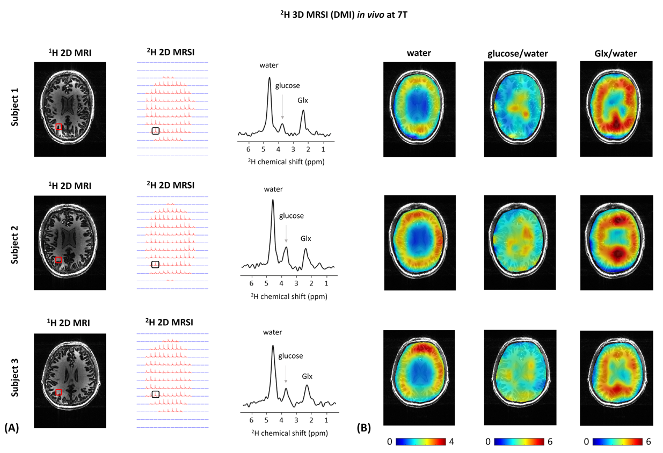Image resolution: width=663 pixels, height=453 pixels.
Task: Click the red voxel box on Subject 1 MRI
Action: [x=59, y=127]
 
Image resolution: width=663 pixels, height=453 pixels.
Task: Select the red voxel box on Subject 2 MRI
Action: [x=59, y=260]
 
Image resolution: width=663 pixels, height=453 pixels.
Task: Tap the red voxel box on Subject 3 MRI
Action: [x=59, y=392]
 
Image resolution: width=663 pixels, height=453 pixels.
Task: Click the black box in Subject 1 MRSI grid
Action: [x=156, y=131]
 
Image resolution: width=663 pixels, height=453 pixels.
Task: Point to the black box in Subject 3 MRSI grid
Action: [x=156, y=394]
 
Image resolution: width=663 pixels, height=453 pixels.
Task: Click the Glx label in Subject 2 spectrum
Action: [x=305, y=239]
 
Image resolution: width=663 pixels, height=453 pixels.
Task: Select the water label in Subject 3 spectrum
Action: [x=272, y=332]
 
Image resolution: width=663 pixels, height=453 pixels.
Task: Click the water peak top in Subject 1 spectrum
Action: [x=269, y=78]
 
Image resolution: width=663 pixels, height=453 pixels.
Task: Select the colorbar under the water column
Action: [x=421, y=442]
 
